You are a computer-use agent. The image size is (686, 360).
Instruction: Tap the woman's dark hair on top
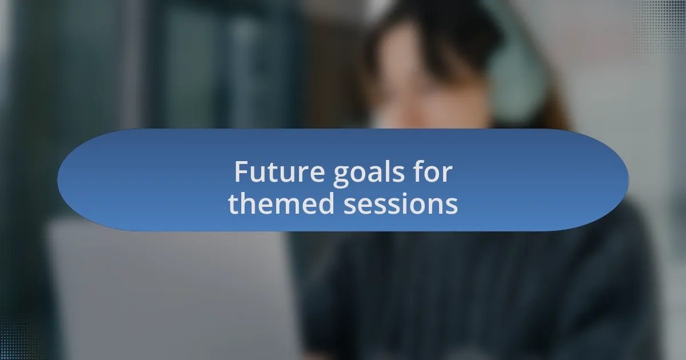[423, 23]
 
